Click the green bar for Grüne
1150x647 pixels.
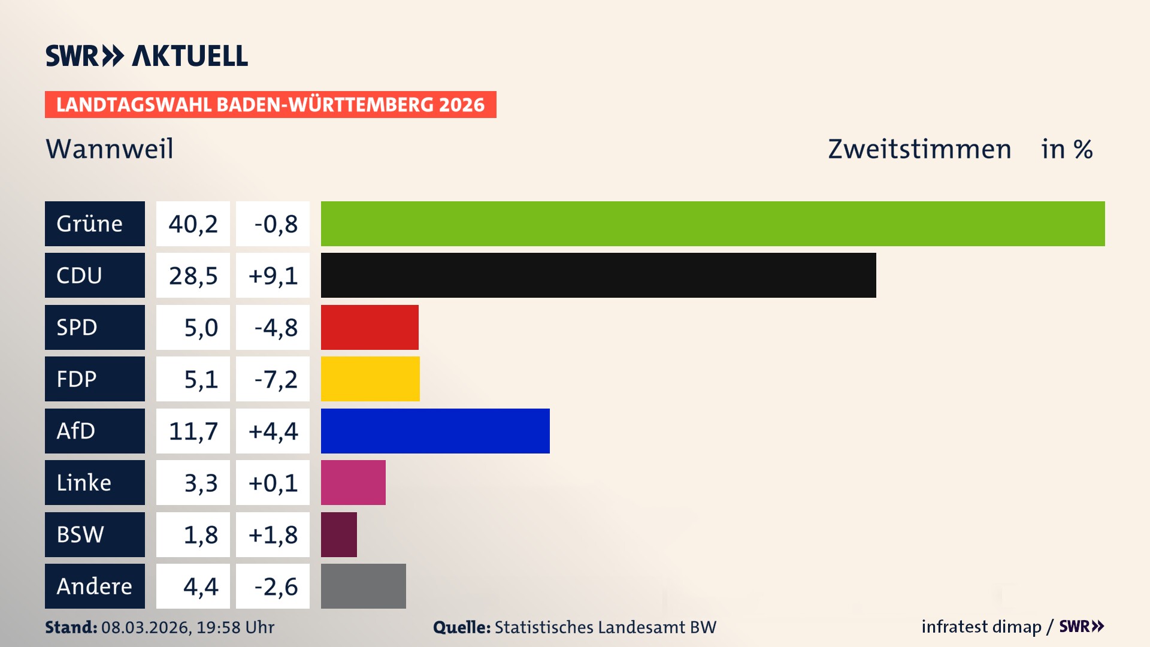pos(713,223)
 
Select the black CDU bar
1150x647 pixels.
pos(598,275)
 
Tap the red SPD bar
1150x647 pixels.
pos(370,327)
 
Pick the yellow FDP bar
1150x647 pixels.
pos(370,379)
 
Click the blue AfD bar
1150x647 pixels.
pos(435,431)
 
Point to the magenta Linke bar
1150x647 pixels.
pos(353,482)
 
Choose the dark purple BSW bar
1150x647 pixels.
pos(338,534)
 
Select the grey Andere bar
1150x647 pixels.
pos(363,586)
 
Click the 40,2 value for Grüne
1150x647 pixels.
pos(193,223)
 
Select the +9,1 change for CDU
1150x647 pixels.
pos(273,275)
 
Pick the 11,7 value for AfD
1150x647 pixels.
pos(193,431)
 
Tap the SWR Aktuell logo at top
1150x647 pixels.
pos(146,56)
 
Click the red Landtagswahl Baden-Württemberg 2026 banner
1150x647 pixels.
pos(270,104)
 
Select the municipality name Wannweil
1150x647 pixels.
pos(110,149)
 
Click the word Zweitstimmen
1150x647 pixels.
pos(919,149)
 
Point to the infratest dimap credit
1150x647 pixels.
pos(981,627)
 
